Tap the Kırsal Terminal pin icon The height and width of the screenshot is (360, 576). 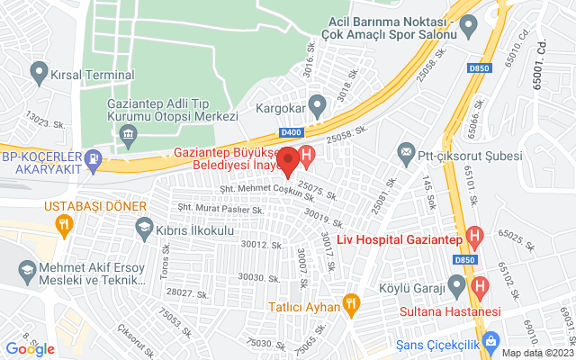pos(39,70)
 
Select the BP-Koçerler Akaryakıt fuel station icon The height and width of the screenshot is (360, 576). pos(93,159)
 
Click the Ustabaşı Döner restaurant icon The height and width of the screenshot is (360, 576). pos(63,227)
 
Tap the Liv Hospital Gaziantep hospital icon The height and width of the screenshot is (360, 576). pos(476,237)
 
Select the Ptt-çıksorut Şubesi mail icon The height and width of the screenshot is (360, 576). pos(407,151)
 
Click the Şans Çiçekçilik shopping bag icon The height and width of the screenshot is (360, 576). pos(491,342)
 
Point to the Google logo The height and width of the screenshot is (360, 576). pos(31,349)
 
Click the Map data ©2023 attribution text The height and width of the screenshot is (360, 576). pos(537,353)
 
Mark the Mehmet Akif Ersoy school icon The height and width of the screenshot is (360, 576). pos(29,271)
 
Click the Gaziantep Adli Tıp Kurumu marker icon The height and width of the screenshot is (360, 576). pos(127,136)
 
